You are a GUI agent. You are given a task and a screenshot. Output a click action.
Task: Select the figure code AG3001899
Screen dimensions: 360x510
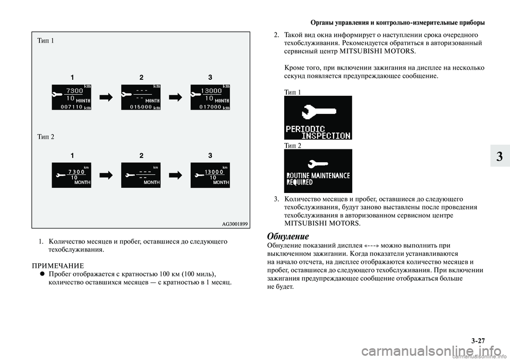234,223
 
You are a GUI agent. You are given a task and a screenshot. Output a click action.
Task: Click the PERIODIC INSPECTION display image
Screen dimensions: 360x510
318,118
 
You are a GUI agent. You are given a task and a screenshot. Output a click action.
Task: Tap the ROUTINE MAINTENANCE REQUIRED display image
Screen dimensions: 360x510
318,171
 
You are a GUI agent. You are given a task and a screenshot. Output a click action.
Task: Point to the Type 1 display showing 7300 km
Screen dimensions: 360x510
71,97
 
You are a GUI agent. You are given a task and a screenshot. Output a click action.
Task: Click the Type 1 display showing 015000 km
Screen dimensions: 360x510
141,97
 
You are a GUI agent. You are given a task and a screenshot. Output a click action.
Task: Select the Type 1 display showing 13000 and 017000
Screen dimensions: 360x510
210,97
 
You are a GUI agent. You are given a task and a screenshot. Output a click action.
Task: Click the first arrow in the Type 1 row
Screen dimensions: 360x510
106,97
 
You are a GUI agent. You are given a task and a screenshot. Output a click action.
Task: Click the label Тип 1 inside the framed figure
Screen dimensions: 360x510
46,41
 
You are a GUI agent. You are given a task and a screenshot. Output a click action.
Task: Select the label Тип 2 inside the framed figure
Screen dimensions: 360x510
46,137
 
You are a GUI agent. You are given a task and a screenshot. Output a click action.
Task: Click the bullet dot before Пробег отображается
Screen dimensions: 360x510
41,273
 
